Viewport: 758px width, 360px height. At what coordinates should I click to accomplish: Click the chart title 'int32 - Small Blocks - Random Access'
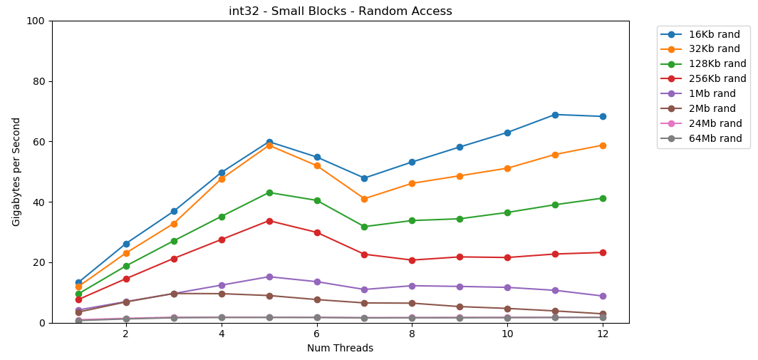[340, 11]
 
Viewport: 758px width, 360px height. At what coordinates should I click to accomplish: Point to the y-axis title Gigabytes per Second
[17, 172]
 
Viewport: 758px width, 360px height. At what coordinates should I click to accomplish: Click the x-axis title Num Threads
[340, 349]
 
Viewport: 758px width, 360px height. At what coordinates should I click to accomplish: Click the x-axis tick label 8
[412, 334]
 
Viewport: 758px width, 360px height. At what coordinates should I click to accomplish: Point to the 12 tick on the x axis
[602, 334]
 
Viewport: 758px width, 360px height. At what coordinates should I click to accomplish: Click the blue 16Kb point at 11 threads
[555, 115]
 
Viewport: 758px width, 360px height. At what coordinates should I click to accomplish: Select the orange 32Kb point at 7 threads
[364, 199]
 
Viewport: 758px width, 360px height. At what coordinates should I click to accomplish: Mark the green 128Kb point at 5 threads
[269, 192]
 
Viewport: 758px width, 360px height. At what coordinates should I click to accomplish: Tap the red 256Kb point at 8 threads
[412, 260]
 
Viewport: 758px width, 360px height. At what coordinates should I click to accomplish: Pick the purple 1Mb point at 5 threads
[269, 277]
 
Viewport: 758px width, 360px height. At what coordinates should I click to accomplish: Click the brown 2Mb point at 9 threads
[460, 307]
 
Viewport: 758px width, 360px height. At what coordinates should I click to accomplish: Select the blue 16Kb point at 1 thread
[78, 283]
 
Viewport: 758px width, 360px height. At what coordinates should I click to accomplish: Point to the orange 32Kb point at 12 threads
[603, 145]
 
